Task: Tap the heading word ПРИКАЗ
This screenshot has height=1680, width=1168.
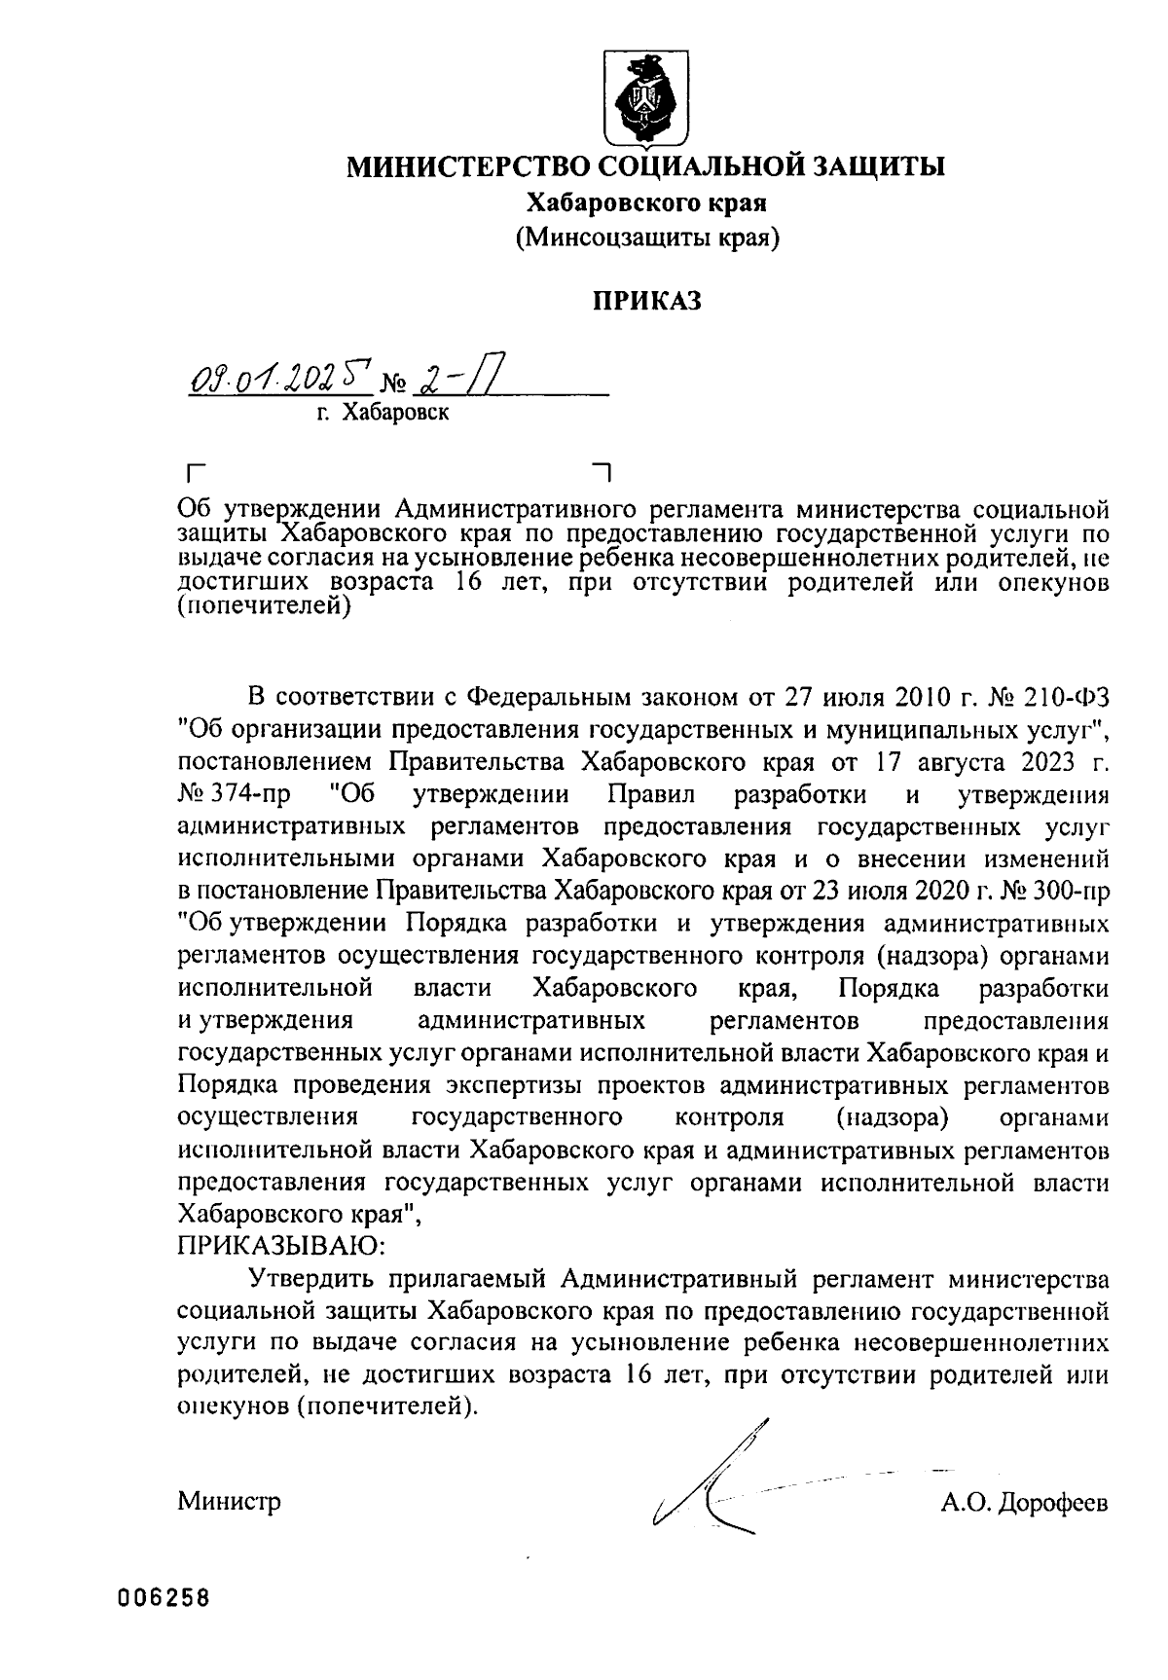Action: coord(647,301)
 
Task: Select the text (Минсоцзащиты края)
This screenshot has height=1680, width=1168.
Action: coord(647,236)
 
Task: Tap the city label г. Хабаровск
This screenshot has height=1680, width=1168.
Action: coord(383,414)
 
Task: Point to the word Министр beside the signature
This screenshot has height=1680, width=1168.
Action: coord(229,1502)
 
